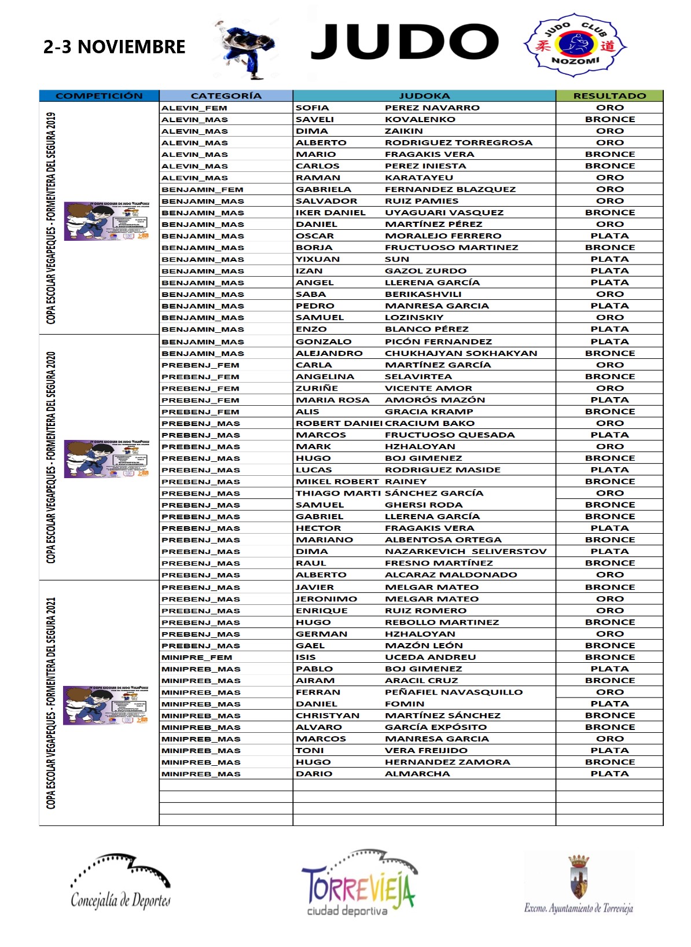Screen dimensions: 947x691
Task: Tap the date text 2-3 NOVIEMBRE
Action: pyautogui.click(x=115, y=47)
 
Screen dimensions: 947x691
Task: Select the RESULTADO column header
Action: pyautogui.click(x=609, y=96)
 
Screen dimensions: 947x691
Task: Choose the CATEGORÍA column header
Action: pyautogui.click(x=226, y=96)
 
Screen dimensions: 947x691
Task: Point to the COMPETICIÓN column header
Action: pyautogui.click(x=99, y=96)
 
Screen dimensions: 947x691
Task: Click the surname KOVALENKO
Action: pyautogui.click(x=420, y=119)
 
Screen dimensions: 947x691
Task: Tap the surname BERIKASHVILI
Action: pyautogui.click(x=423, y=294)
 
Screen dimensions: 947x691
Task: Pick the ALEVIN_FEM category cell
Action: pyautogui.click(x=194, y=108)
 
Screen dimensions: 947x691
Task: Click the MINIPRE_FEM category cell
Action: pyautogui.click(x=197, y=658)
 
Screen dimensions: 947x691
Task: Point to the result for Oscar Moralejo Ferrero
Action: pyautogui.click(x=609, y=236)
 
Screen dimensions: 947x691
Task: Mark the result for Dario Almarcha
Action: pyautogui.click(x=609, y=774)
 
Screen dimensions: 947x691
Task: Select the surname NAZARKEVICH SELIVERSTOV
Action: pyautogui.click(x=465, y=552)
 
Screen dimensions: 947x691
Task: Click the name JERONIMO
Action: pyautogui.click(x=326, y=599)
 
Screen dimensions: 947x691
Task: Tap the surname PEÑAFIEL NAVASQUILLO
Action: pyautogui.click(x=454, y=692)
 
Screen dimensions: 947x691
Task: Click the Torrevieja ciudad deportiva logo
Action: pyautogui.click(x=358, y=883)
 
